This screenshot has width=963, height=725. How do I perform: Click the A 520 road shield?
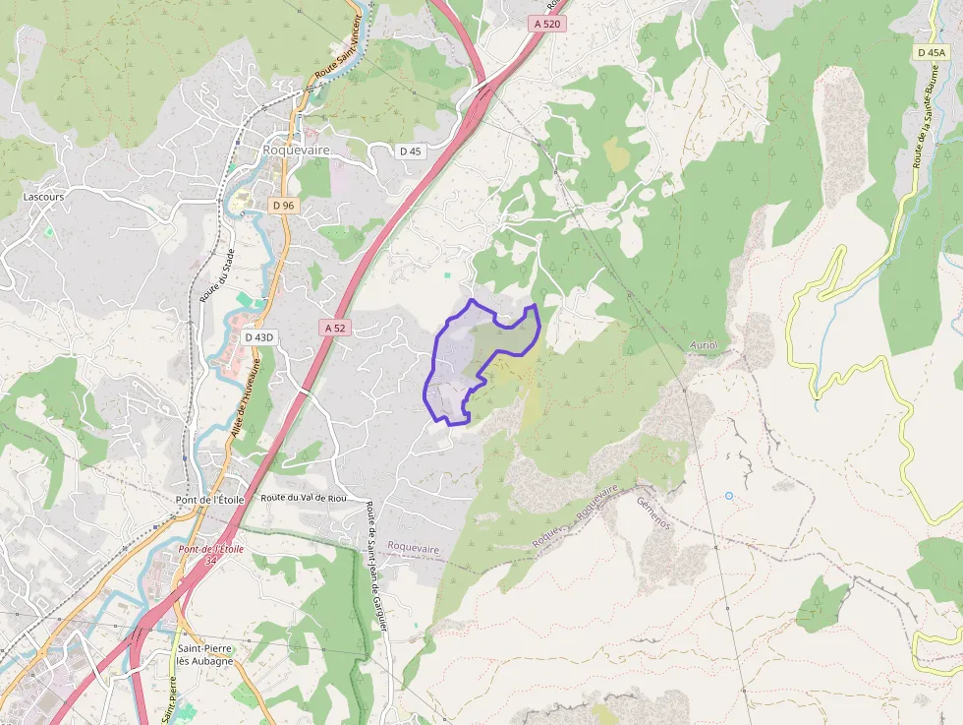548,24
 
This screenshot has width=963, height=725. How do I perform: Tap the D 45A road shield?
930,52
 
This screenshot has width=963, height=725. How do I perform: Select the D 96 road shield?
283,205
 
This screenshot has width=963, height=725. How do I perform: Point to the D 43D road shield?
259,336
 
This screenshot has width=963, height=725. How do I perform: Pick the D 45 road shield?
410,151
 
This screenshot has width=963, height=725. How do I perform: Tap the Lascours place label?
43,197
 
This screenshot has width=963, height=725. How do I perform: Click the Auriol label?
704,346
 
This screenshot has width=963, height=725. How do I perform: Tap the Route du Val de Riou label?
304,498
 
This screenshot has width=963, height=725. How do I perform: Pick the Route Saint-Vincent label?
338,48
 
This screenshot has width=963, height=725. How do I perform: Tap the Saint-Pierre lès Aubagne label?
204,654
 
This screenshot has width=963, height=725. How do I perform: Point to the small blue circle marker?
729,496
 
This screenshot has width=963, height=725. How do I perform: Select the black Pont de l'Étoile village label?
209,500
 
